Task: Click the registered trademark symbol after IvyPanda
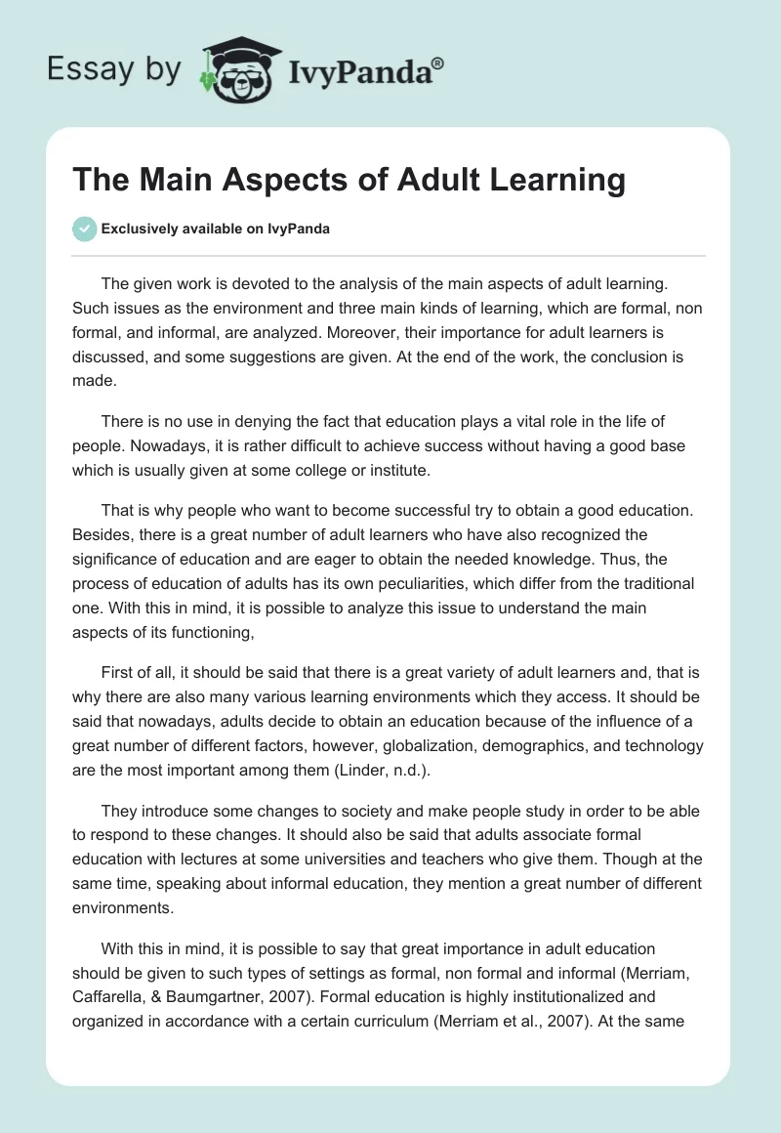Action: click(438, 63)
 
